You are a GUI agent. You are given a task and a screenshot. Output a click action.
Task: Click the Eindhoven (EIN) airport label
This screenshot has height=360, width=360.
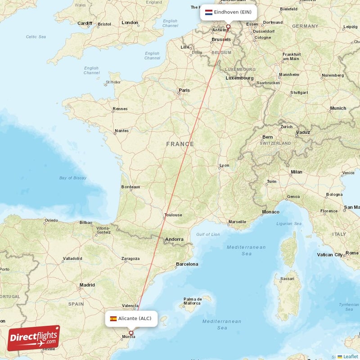[233, 12]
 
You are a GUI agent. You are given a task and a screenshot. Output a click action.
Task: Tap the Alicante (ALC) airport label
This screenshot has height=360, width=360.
[135, 319]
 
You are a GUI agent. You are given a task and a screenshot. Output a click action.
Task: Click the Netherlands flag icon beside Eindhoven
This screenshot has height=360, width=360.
[209, 12]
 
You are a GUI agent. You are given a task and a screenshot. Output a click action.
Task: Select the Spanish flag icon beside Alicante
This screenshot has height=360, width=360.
[113, 319]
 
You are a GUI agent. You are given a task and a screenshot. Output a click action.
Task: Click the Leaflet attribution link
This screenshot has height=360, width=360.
[351, 356]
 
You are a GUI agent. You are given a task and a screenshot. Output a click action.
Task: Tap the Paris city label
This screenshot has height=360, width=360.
[184, 90]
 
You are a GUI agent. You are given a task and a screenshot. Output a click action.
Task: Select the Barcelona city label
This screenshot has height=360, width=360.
[187, 264]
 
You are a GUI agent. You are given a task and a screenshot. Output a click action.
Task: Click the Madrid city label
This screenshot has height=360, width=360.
[87, 285]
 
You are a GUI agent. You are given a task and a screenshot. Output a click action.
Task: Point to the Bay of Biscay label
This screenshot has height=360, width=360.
[72, 178]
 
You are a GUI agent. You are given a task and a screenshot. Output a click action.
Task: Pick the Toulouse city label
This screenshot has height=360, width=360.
[173, 215]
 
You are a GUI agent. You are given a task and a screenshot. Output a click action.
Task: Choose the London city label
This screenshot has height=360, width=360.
[130, 22]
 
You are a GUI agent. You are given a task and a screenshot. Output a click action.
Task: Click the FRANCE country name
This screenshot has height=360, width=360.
[180, 144]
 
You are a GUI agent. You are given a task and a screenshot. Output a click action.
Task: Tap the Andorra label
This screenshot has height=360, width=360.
[174, 239]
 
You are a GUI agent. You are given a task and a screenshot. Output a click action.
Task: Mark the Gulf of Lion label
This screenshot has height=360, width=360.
[208, 234]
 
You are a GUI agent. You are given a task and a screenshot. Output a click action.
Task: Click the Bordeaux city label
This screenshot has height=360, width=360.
[130, 187]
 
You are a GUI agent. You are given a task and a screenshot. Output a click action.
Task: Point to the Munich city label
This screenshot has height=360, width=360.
[338, 108]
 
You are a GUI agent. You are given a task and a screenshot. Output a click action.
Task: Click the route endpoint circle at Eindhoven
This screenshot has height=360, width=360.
[228, 27]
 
